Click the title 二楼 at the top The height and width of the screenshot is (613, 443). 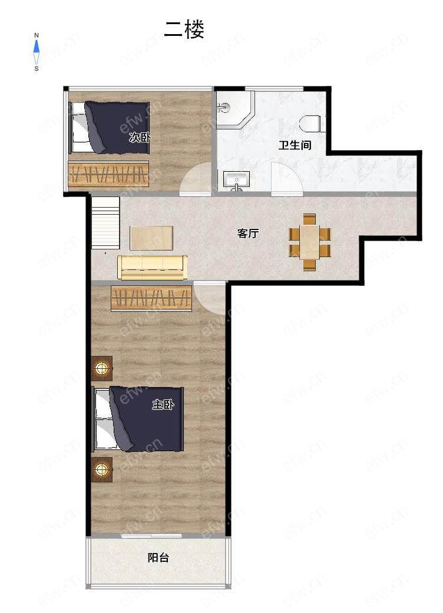pyautogui.click(x=184, y=30)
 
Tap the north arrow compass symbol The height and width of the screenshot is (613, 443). pyautogui.click(x=37, y=52)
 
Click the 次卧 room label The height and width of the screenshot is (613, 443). pyautogui.click(x=140, y=138)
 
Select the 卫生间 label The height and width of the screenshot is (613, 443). pyautogui.click(x=295, y=145)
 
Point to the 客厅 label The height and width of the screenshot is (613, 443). pyautogui.click(x=248, y=234)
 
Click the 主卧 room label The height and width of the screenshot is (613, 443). pyautogui.click(x=163, y=405)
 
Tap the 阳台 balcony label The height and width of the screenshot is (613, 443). pyautogui.click(x=158, y=558)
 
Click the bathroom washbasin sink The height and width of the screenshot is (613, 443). pyautogui.click(x=236, y=180)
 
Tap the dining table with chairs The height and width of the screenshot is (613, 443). pyautogui.click(x=309, y=242)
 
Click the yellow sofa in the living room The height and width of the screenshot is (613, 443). pyautogui.click(x=152, y=268)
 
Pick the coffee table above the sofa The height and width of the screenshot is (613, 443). pyautogui.click(x=151, y=238)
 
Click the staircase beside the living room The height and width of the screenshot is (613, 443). pyautogui.click(x=105, y=222)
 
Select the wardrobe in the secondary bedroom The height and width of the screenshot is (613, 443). pyautogui.click(x=108, y=174)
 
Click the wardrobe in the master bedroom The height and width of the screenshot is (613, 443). pyautogui.click(x=151, y=299)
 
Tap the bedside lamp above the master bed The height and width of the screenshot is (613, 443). pyautogui.click(x=102, y=368)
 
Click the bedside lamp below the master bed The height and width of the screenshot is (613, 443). pyautogui.click(x=102, y=469)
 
